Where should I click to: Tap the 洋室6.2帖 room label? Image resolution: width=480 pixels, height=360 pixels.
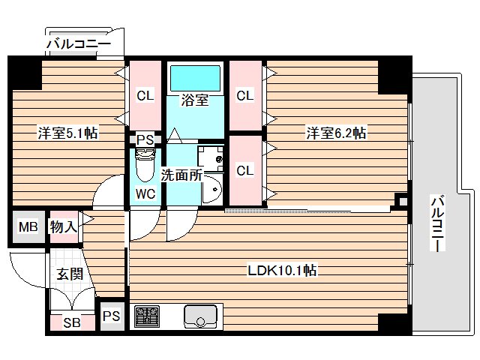(335, 133)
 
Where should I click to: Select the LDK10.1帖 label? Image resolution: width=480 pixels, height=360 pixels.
(282, 270)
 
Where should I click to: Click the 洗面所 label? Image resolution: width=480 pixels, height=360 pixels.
(181, 175)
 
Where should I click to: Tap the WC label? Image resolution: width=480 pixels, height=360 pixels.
(145, 193)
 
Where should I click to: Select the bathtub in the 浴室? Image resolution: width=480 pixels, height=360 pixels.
(195, 77)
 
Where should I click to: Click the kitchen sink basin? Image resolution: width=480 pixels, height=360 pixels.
(200, 316)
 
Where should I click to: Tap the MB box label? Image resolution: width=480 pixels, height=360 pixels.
(28, 227)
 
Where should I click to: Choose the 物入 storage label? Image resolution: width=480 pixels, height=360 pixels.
(63, 227)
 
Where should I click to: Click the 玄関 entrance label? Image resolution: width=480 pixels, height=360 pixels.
(69, 274)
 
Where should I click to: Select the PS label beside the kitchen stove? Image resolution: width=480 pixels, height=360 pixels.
(112, 316)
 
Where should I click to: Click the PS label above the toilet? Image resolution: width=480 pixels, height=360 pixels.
(145, 139)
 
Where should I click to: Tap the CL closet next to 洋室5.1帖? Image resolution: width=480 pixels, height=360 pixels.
(145, 95)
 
